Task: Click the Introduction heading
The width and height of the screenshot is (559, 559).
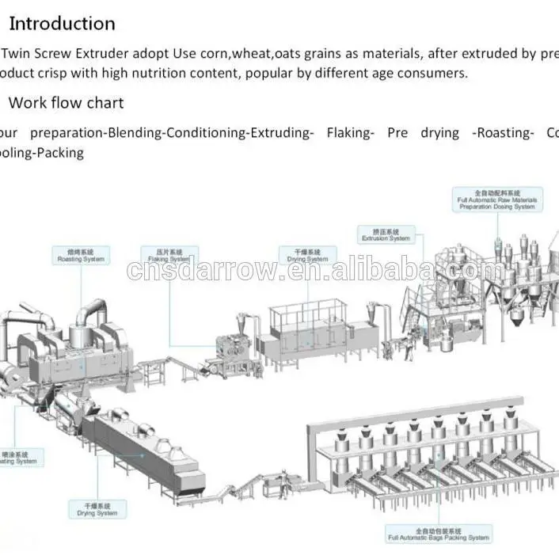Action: click(x=61, y=24)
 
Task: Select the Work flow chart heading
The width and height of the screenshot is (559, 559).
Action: click(x=66, y=103)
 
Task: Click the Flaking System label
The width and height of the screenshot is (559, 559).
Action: click(x=168, y=255)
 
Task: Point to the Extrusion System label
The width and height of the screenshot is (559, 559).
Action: click(x=386, y=234)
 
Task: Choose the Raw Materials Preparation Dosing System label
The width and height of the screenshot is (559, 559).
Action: click(x=498, y=200)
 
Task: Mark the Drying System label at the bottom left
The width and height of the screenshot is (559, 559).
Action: click(x=97, y=509)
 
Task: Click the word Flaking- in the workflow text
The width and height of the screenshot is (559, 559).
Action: click(x=350, y=133)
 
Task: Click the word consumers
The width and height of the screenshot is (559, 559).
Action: click(x=434, y=73)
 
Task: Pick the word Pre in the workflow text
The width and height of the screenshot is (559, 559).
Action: click(x=397, y=133)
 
